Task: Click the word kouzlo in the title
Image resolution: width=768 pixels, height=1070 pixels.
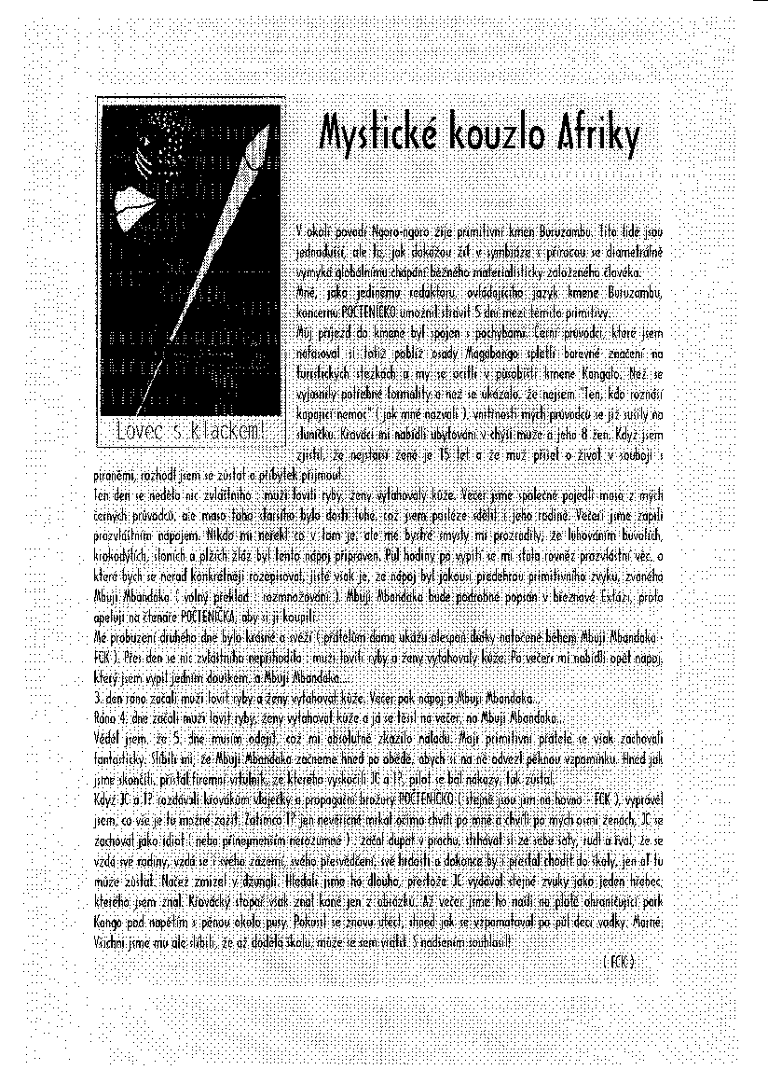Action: click(x=501, y=137)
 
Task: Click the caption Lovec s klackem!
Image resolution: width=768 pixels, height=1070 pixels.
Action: click(x=190, y=430)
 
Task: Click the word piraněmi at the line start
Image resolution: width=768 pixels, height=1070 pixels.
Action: click(x=114, y=474)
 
